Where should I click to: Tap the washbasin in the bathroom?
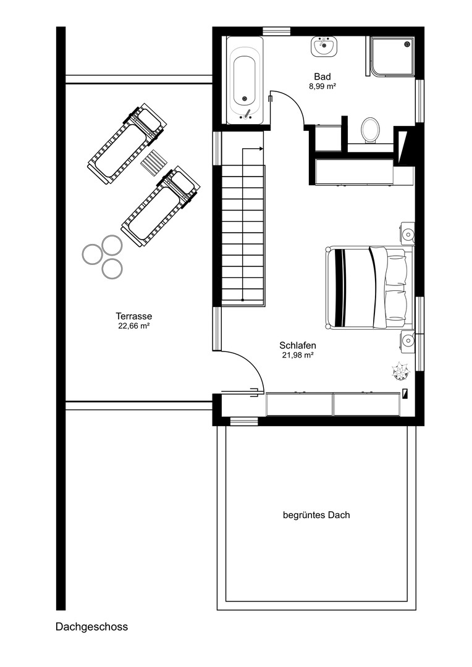[322, 46]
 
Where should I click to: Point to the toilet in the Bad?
[370, 130]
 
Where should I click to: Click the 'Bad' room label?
[322, 77]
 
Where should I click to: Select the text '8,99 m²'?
[322, 87]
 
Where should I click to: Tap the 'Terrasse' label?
[133, 316]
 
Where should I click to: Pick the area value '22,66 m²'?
[133, 326]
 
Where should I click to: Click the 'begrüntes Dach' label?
[316, 514]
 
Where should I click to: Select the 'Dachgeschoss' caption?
[91, 627]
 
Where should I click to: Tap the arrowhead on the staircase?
[261, 148]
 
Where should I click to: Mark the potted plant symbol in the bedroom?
[400, 371]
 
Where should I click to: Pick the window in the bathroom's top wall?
[276, 31]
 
